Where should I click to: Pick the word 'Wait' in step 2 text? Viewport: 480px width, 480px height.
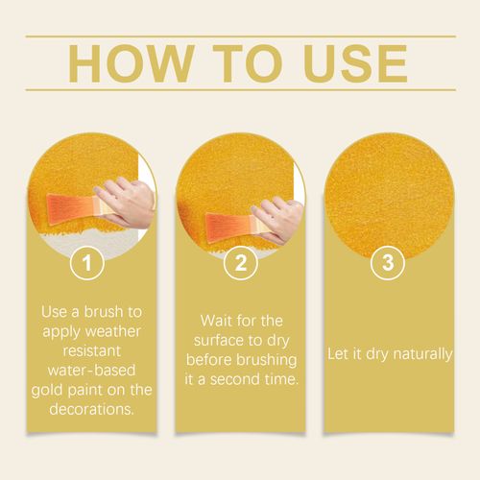(x=218, y=320)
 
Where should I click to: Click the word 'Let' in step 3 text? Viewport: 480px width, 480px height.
(x=338, y=354)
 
